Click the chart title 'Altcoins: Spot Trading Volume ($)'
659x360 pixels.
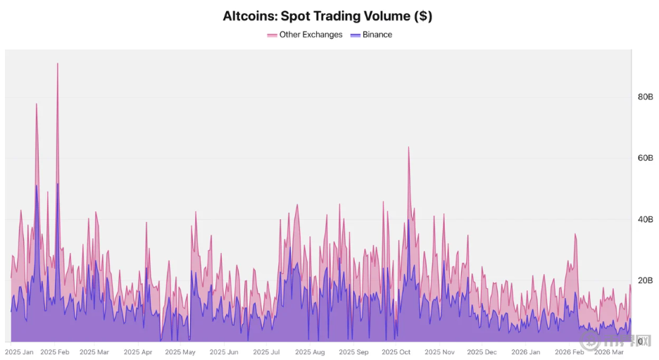(327, 15)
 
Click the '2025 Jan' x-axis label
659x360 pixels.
(19, 352)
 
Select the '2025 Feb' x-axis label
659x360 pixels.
(55, 352)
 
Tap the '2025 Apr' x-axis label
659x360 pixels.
(138, 352)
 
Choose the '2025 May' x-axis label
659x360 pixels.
(180, 352)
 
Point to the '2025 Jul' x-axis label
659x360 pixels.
(267, 352)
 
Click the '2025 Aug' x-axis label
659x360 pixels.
(310, 352)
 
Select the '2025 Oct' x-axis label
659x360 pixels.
(396, 352)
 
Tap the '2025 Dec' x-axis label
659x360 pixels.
(482, 352)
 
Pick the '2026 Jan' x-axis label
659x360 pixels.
(525, 352)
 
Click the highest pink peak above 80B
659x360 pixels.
(58, 64)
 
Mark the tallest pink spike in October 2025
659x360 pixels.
(408, 148)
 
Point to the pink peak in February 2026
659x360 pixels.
(575, 235)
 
